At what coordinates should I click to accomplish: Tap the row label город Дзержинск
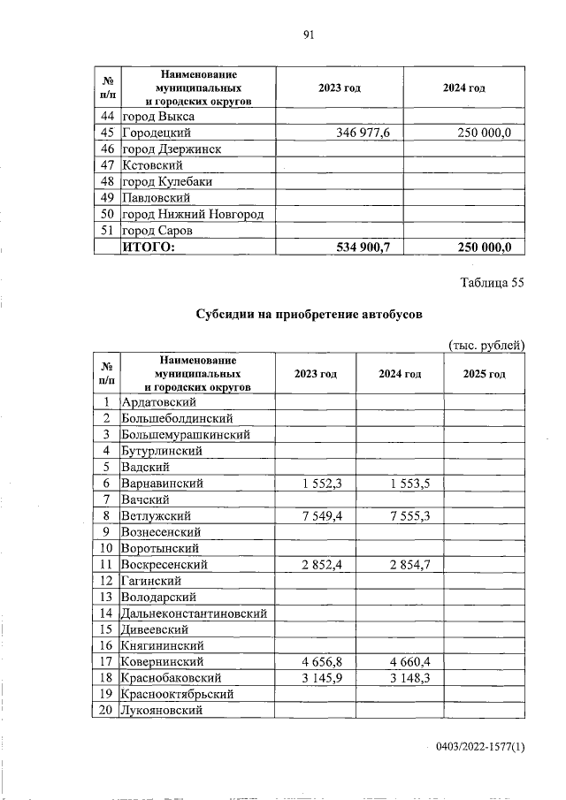point(172,149)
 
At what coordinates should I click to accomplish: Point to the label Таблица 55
point(493,283)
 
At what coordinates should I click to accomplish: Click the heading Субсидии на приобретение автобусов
point(310,314)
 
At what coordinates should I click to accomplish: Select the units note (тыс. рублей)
point(486,345)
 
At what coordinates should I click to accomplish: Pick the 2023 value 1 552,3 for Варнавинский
point(317,484)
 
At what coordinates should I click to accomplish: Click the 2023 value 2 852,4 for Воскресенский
point(317,564)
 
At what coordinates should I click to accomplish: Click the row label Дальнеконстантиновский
point(195,613)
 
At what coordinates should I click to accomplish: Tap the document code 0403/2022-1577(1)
point(480,748)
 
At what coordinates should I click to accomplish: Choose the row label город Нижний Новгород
point(193,214)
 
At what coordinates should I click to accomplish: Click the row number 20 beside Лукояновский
point(105,710)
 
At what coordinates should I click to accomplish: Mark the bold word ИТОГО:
point(149,248)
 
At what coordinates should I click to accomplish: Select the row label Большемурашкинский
point(186,435)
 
